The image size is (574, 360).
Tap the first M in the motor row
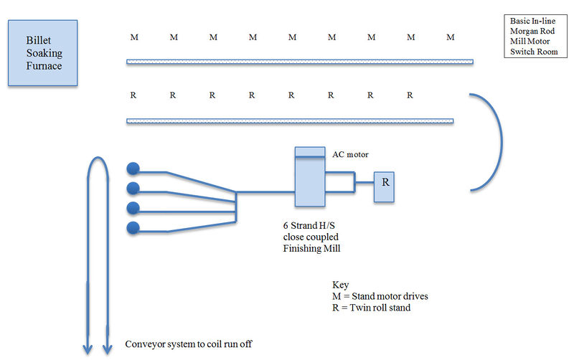(x=134, y=37)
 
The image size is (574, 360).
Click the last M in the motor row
(x=450, y=37)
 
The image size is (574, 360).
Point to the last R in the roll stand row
(x=410, y=95)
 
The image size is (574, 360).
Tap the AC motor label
(x=350, y=154)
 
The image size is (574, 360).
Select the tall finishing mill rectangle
(x=310, y=179)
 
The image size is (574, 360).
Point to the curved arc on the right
(x=496, y=142)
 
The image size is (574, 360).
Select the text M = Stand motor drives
(x=377, y=297)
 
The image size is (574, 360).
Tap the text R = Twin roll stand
(x=371, y=309)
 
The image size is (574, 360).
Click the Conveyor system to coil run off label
(x=189, y=344)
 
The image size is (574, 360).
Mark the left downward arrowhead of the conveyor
(x=88, y=349)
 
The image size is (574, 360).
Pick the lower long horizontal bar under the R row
(x=290, y=120)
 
